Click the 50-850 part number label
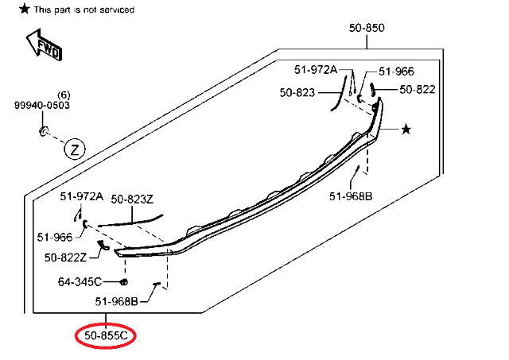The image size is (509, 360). pyautogui.click(x=367, y=28)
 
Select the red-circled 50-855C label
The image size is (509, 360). pyautogui.click(x=106, y=336)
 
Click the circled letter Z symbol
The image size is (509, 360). pyautogui.click(x=75, y=149)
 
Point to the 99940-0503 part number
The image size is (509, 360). pyautogui.click(x=41, y=105)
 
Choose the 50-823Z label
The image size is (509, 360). pyautogui.click(x=132, y=199)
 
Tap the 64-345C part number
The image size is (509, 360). pyautogui.click(x=80, y=281)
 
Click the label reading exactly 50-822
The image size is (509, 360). pyautogui.click(x=418, y=89)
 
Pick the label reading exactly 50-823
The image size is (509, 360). pyautogui.click(x=297, y=92)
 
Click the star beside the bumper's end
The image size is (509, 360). pyautogui.click(x=406, y=128)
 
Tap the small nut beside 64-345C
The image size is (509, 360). pyautogui.click(x=123, y=282)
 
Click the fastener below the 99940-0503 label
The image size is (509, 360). pyautogui.click(x=45, y=130)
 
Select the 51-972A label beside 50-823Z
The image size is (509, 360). pyautogui.click(x=82, y=196)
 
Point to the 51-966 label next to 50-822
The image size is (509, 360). pyautogui.click(x=396, y=72)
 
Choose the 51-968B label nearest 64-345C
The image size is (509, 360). pyautogui.click(x=116, y=301)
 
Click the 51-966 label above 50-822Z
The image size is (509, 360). pyautogui.click(x=54, y=236)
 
